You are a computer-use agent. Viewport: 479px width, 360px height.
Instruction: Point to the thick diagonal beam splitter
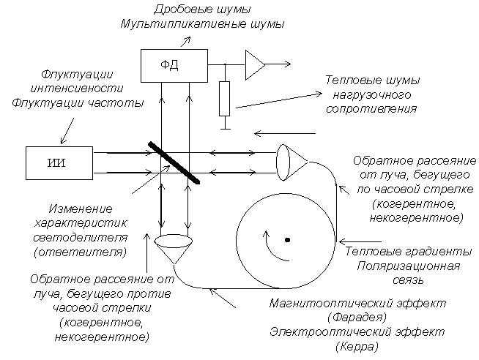pos(174,163)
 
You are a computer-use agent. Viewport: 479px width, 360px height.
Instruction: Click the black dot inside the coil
pos(287,240)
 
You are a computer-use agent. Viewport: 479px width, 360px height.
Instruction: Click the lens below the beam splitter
pos(174,241)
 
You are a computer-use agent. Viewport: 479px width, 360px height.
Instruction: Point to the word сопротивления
pos(371,109)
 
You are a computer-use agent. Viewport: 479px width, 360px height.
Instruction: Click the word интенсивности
pos(77,88)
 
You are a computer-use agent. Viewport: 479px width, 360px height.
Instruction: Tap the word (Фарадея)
pos(357,318)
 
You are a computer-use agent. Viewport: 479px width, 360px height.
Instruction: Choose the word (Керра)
pos(357,346)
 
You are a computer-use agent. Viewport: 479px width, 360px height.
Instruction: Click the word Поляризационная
pos(408,266)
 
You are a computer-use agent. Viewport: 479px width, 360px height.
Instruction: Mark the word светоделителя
pos(80,237)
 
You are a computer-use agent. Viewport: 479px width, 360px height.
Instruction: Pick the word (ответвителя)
pos(80,252)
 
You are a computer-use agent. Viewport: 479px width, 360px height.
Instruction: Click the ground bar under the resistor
pos(225,129)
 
